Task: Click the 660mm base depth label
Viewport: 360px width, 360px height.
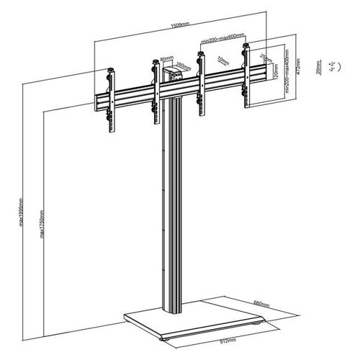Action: [262, 302]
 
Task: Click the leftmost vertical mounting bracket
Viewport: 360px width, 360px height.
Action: [111, 101]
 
